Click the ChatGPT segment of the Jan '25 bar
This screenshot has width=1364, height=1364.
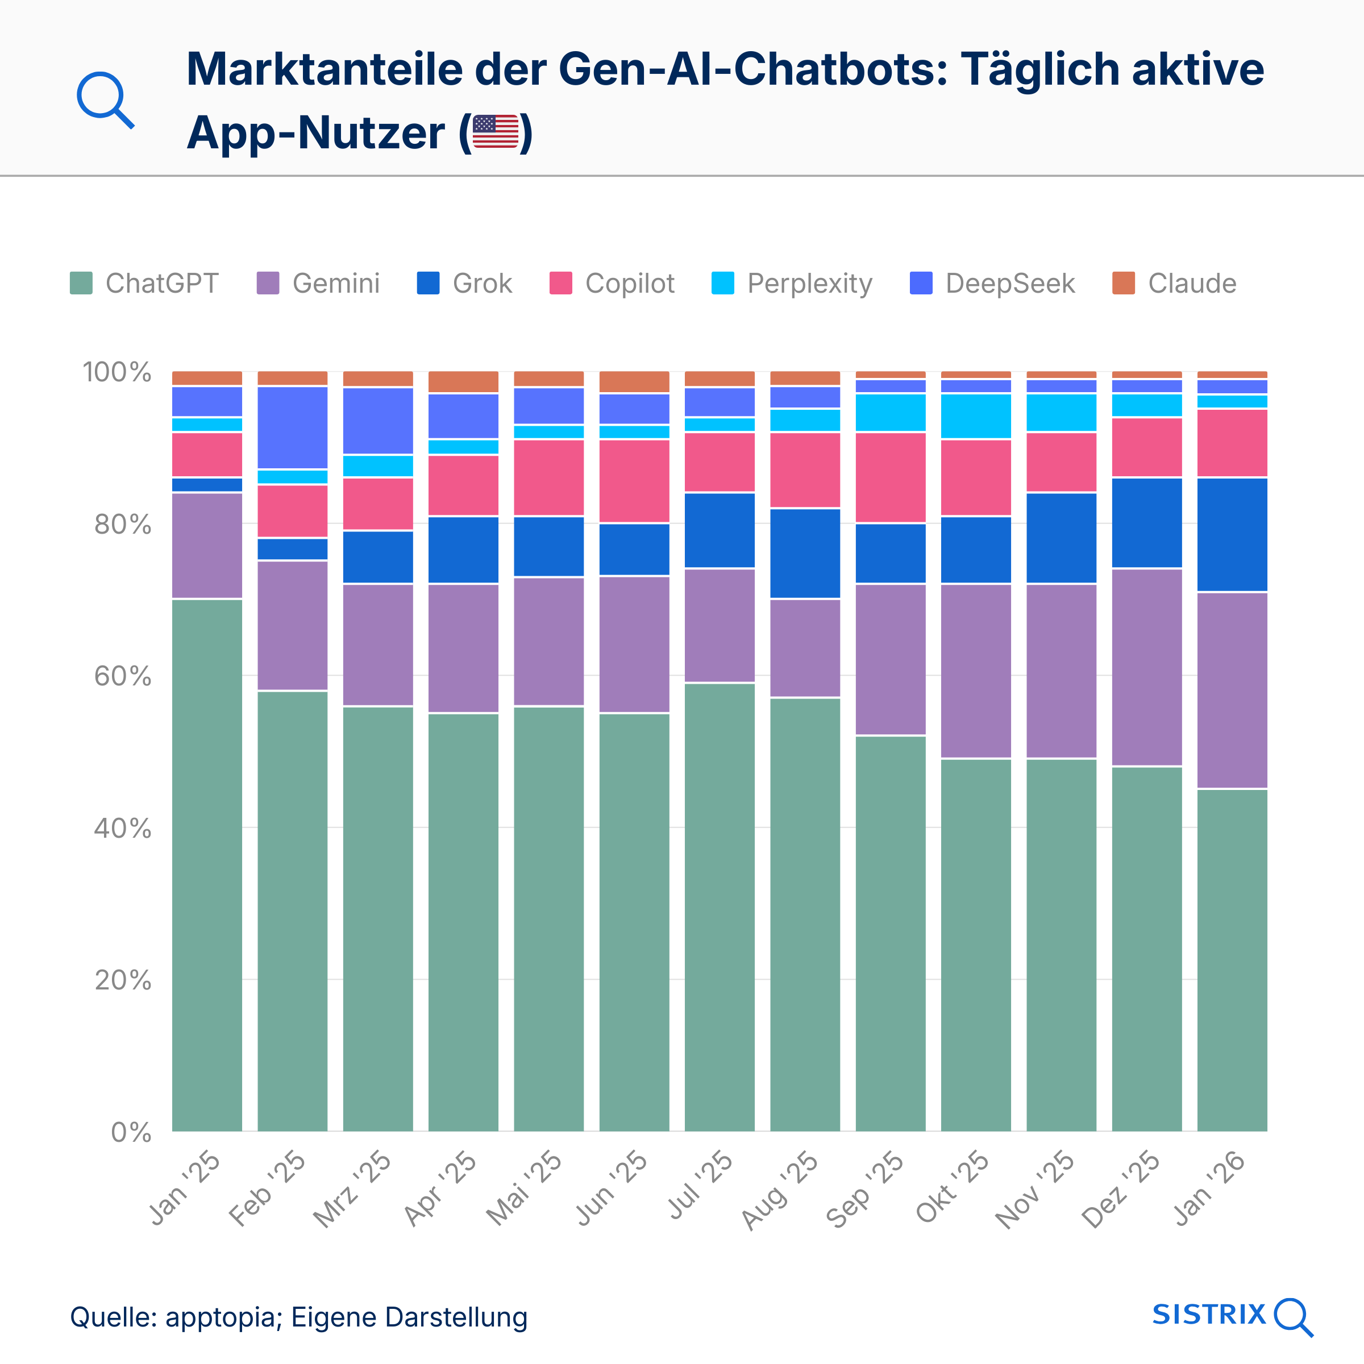pos(207,865)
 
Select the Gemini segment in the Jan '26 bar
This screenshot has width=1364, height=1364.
pos(1232,690)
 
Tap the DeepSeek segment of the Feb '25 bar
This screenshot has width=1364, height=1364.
pos(292,427)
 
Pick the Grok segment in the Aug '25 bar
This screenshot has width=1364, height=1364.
pos(805,553)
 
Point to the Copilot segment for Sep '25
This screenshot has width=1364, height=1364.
pos(890,477)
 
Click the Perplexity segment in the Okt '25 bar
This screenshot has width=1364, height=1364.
pos(976,416)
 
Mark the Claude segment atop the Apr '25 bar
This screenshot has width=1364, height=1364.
pos(463,381)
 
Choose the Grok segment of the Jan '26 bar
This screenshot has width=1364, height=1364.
pos(1232,534)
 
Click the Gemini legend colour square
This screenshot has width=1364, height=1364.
pos(268,283)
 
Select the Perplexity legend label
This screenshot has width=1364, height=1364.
pos(809,283)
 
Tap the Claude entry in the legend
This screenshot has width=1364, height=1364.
pos(1192,283)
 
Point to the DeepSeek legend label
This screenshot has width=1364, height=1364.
pos(1009,283)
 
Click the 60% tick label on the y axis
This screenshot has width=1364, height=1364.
pos(122,676)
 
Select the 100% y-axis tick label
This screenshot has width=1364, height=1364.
pos(117,372)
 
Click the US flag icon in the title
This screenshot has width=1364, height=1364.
pos(495,132)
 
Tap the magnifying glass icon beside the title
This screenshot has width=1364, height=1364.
pos(105,99)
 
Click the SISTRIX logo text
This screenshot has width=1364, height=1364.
pos(1209,1314)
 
